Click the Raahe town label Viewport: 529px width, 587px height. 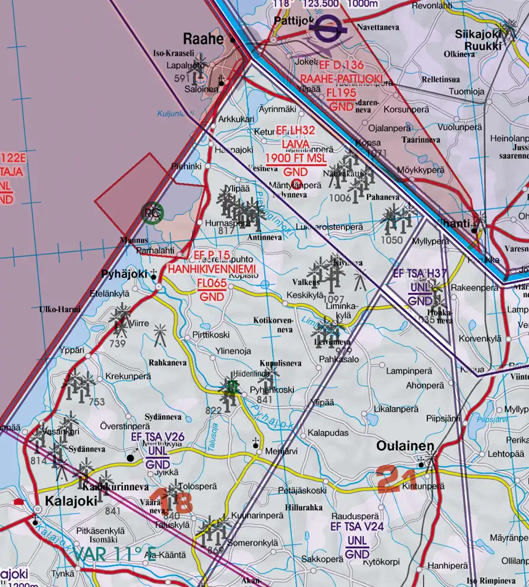[204, 39]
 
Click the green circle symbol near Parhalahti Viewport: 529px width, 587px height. [152, 214]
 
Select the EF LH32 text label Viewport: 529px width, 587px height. [296, 131]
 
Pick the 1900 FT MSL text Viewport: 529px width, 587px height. [296, 158]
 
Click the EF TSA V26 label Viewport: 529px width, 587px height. [158, 437]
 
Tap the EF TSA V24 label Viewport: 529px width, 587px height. [357, 527]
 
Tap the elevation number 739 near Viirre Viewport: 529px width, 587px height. [118, 343]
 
